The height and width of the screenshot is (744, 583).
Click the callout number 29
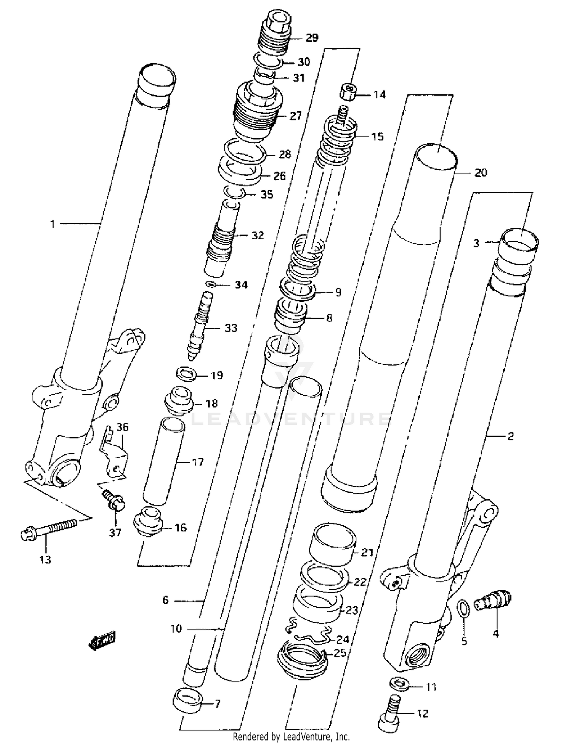312,38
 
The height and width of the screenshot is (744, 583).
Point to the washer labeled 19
187,374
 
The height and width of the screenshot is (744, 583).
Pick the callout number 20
481,172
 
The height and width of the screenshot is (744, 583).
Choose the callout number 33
231,328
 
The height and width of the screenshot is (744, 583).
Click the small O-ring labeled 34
211,284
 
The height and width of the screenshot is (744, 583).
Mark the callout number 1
52,224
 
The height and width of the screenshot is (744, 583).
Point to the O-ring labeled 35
234,192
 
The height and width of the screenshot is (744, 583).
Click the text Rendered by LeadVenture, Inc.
291,736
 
